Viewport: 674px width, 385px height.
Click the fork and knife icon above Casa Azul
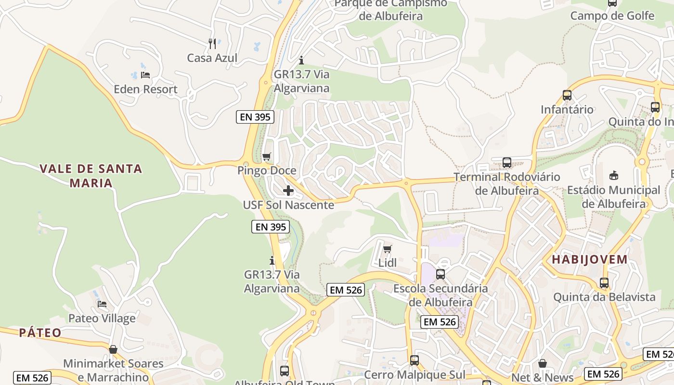pos(212,44)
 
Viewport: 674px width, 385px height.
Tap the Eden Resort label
pos(145,89)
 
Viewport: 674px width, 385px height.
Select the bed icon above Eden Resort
pos(145,75)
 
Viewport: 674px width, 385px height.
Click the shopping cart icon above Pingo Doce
pos(266,156)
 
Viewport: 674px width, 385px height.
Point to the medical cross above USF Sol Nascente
pos(288,191)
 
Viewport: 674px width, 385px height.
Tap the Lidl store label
pos(388,263)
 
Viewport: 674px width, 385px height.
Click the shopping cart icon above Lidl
pos(388,249)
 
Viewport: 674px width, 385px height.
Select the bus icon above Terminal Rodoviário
pos(507,163)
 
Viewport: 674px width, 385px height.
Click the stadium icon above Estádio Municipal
pos(614,176)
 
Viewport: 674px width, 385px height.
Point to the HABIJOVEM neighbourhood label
pos(590,259)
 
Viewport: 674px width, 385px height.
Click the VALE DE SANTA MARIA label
pos(91,176)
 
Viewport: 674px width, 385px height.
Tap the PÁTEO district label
pos(40,333)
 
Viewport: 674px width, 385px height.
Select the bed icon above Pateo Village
pos(102,304)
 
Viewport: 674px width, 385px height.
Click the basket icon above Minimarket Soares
pos(113,349)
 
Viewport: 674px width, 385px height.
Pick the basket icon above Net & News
pos(543,363)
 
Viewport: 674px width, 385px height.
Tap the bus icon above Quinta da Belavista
pos(604,283)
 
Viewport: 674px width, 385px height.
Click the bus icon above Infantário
pos(567,95)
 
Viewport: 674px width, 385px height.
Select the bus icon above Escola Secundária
pos(441,274)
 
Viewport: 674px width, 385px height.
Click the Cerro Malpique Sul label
pos(415,374)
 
